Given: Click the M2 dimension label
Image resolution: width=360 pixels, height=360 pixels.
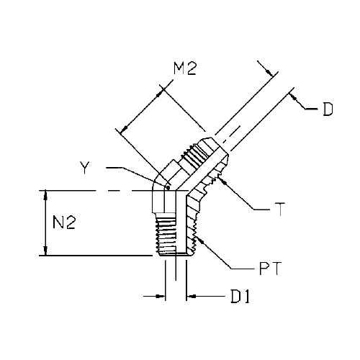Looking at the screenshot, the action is click(185, 69).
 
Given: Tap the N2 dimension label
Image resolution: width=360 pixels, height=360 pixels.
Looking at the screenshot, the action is click(64, 222).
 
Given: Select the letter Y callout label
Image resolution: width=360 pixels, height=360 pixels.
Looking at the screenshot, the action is click(85, 167).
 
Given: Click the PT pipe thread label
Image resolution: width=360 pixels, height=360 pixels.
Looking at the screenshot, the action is click(270, 269).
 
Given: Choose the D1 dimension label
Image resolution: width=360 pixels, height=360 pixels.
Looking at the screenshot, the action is click(240, 297).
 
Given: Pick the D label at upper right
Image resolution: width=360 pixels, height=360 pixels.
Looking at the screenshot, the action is click(328, 109).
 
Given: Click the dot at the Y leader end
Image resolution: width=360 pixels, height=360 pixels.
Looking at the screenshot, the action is click(168, 188).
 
